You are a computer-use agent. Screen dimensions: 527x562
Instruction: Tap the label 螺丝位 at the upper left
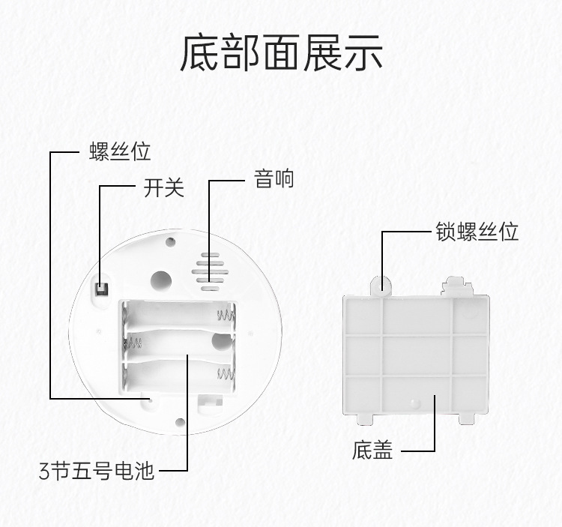(x=120, y=151)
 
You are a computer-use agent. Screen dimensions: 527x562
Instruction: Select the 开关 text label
(x=163, y=187)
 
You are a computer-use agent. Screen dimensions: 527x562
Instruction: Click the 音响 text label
(x=274, y=179)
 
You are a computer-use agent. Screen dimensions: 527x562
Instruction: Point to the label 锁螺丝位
(x=477, y=231)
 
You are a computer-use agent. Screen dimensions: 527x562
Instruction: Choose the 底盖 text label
(x=372, y=450)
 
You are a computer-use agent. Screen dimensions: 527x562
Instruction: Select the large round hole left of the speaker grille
(x=160, y=280)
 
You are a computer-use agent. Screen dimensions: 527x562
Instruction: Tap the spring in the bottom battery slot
(x=224, y=373)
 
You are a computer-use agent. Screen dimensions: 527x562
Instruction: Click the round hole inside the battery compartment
(x=220, y=342)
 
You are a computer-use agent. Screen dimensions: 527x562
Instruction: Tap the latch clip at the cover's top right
(x=456, y=284)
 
